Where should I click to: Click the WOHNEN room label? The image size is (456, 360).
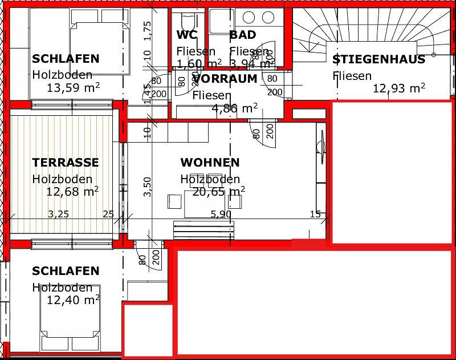[x=210, y=163]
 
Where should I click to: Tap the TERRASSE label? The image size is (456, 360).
[x=66, y=163]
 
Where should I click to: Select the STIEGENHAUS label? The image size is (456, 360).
[x=378, y=59]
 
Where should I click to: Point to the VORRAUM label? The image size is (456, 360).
[x=225, y=79]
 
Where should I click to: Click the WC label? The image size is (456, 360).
[x=187, y=35]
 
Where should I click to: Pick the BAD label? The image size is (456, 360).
[x=243, y=35]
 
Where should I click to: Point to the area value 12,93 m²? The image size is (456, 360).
[x=399, y=88]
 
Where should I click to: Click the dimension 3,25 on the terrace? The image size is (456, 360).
[x=58, y=215]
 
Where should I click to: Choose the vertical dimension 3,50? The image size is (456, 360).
[x=148, y=187]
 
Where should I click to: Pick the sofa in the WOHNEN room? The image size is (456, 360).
[x=204, y=231]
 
